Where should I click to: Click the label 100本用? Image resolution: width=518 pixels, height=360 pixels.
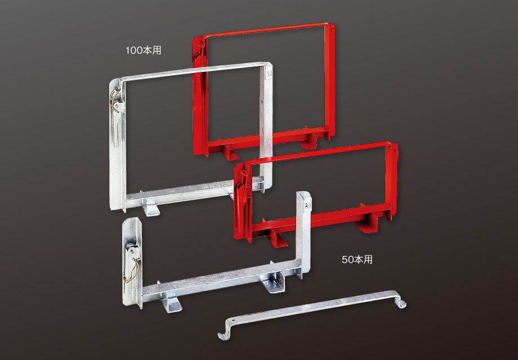143,51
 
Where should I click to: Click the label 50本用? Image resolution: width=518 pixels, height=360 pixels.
357,260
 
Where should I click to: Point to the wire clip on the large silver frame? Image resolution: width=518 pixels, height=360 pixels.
115,100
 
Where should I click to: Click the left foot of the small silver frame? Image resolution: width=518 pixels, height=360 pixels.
171,303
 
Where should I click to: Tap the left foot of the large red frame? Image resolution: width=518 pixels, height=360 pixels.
230,152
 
